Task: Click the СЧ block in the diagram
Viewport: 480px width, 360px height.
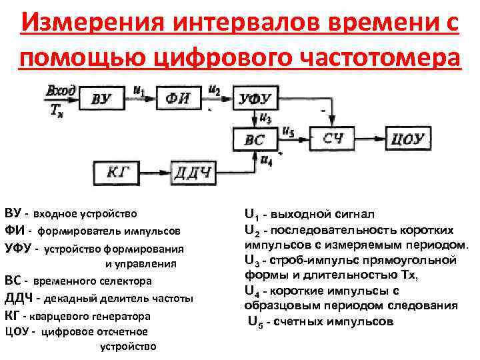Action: click(x=333, y=139)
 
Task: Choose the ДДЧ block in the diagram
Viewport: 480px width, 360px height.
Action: click(x=193, y=174)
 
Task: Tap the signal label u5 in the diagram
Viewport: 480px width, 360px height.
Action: click(x=288, y=131)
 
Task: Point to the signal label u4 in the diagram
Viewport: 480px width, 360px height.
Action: click(x=266, y=160)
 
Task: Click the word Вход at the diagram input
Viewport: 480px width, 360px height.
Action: click(x=61, y=89)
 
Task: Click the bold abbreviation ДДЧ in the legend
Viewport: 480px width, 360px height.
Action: click(x=19, y=298)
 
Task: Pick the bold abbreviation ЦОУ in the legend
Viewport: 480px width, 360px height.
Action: click(x=17, y=331)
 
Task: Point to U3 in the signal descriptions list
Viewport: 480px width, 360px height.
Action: click(x=253, y=261)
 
